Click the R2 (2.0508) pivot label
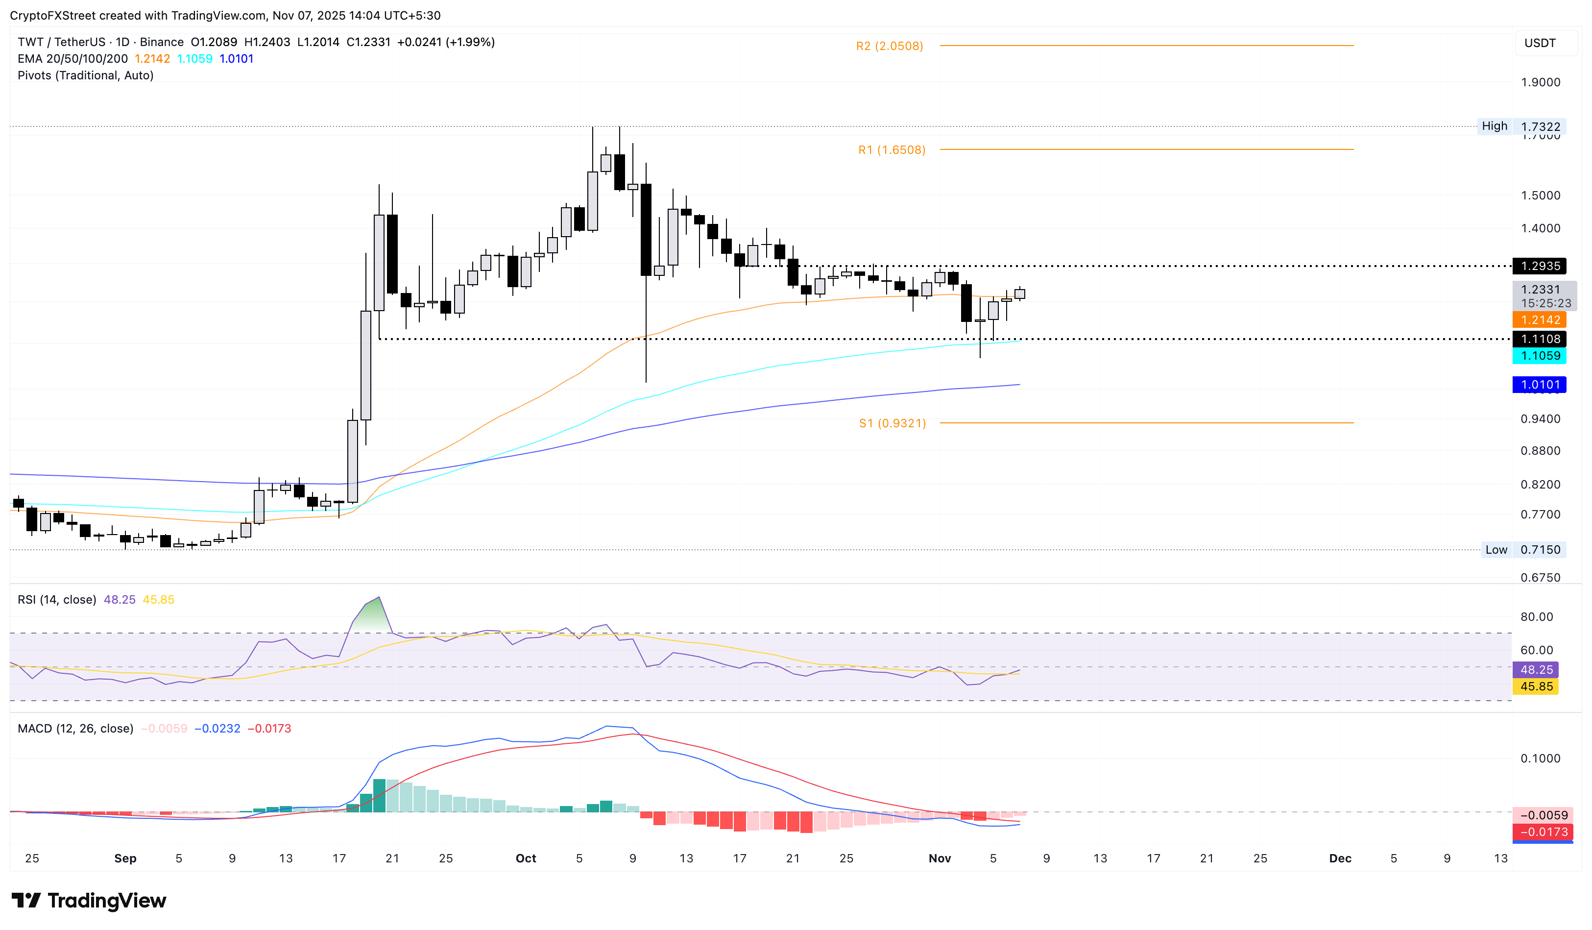(x=890, y=46)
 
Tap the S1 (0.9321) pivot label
(x=892, y=423)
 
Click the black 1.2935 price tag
(x=1540, y=266)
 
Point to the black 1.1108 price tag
(x=1540, y=339)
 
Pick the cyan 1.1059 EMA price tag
(x=1540, y=356)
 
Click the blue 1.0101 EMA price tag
(x=1540, y=385)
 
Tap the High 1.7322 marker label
(x=1520, y=126)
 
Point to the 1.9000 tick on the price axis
(x=1540, y=83)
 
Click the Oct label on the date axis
(x=526, y=858)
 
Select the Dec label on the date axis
(x=1340, y=858)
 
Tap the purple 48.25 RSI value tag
(x=1536, y=670)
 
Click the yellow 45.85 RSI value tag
(x=1536, y=687)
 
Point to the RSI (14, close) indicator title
(x=57, y=600)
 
